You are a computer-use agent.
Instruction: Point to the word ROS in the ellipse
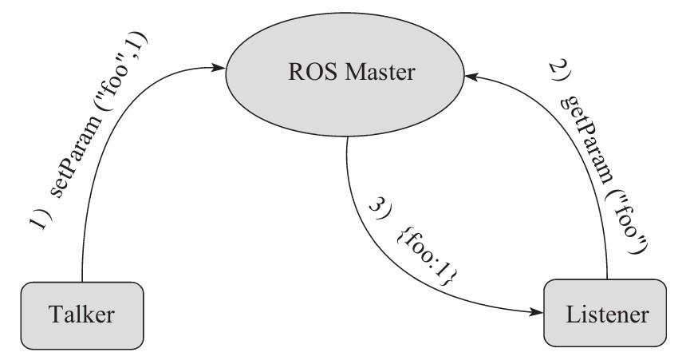click(x=304, y=74)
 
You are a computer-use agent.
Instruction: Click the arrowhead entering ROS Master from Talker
click(x=219, y=69)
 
